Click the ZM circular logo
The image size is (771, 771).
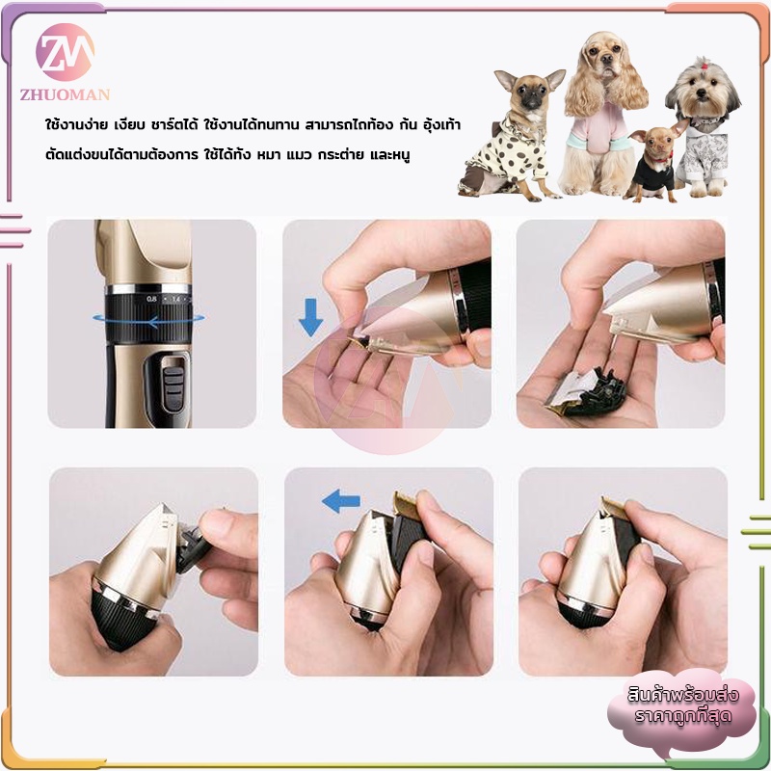pos(65,52)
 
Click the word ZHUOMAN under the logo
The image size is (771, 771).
pos(65,94)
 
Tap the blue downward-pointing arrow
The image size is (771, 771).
pos(310,317)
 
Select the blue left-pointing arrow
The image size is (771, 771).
pos(341,501)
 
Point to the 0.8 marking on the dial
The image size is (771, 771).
pos(151,299)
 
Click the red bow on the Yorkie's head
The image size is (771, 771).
pos(705,64)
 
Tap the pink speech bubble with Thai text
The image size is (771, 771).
pos(682,708)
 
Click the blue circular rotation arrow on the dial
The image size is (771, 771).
pos(148,321)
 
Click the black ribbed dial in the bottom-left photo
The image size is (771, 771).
pos(124,620)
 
